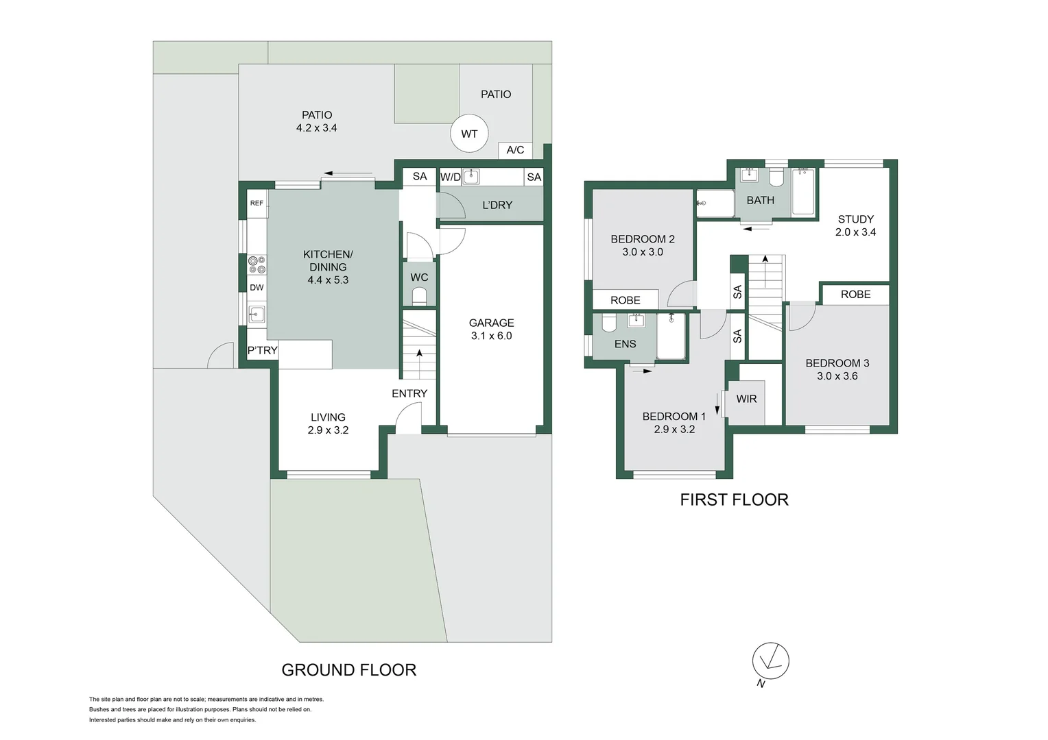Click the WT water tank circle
pos(469,134)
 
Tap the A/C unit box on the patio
pos(515,150)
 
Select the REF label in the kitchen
pos(257,203)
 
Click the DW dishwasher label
pos(257,288)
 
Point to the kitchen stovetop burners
pos(257,264)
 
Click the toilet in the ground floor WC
pos(419,295)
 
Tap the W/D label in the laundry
pos(451,177)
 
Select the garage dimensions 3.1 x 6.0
pos(491,336)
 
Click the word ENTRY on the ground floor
pos(409,393)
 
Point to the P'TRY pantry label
pos(263,350)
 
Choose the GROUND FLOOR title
pos(348,670)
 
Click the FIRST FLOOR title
pos(734,500)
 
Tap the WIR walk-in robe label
pos(746,399)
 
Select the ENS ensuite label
pos(625,344)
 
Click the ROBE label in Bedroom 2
pos(625,300)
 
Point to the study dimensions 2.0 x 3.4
pos(855,232)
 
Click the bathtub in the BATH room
pos(803,192)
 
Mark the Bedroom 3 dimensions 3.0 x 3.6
pos(837,376)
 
